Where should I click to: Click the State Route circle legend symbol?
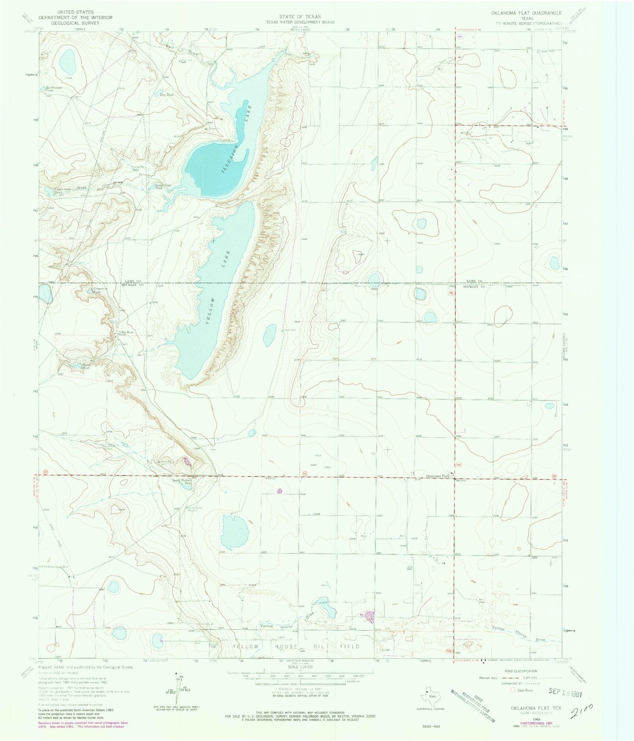(x=512, y=691)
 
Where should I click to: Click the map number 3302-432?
(x=428, y=727)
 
